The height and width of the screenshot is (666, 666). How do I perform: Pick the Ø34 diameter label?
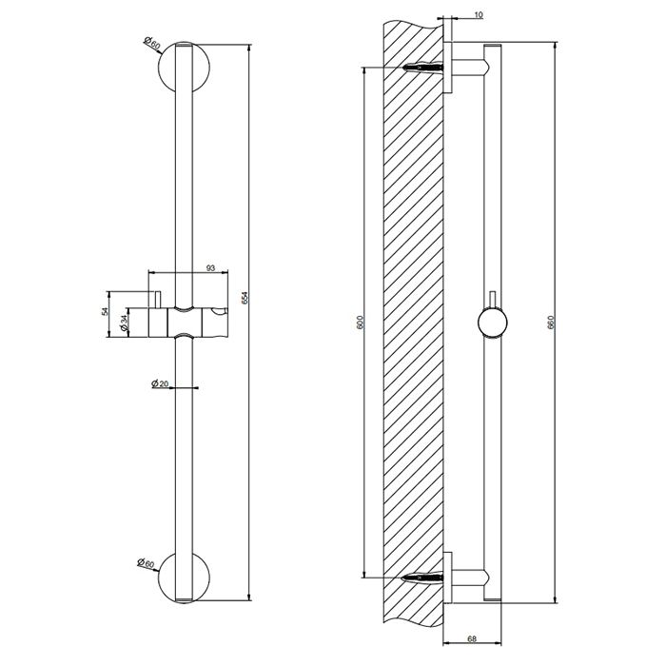point(127,325)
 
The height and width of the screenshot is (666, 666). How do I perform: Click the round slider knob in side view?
point(492,324)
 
